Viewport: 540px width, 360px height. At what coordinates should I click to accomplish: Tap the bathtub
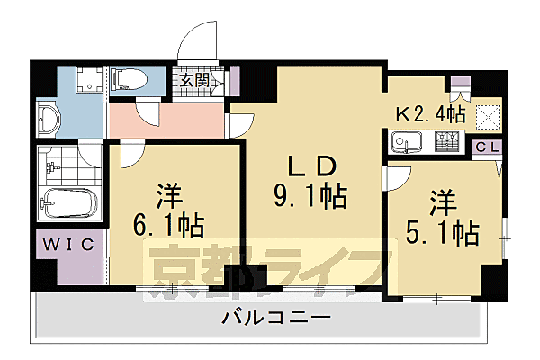click(x=67, y=205)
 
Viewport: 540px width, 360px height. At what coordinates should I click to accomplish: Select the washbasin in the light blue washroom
click(x=49, y=118)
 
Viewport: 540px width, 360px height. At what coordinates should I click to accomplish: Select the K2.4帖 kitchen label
click(x=430, y=114)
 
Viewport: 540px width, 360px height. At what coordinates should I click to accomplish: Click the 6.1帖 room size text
click(x=167, y=223)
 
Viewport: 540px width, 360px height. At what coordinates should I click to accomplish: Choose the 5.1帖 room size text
click(x=442, y=230)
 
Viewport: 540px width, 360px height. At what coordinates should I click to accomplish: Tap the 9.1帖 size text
click(x=310, y=196)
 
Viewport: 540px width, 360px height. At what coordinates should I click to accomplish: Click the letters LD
click(x=310, y=166)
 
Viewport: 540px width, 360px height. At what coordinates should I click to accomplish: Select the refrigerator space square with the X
click(x=489, y=114)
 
